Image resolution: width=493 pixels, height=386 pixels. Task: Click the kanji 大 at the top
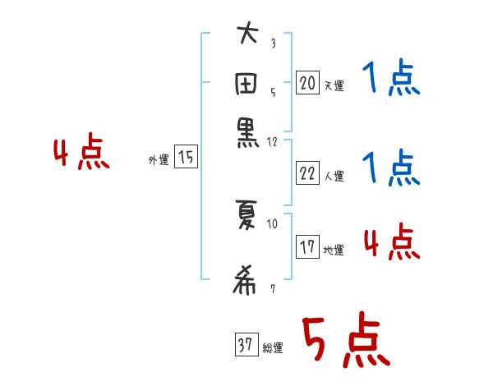(247, 36)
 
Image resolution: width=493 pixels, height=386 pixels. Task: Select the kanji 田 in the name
(247, 85)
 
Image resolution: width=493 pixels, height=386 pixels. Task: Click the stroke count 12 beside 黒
(274, 141)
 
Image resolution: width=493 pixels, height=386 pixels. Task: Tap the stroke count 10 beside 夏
(273, 223)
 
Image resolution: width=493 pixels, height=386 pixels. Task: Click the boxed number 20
(307, 82)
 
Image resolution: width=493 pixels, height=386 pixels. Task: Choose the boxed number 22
(307, 172)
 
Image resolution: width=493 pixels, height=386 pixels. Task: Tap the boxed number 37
(245, 345)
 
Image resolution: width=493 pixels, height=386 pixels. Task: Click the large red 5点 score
(344, 342)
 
